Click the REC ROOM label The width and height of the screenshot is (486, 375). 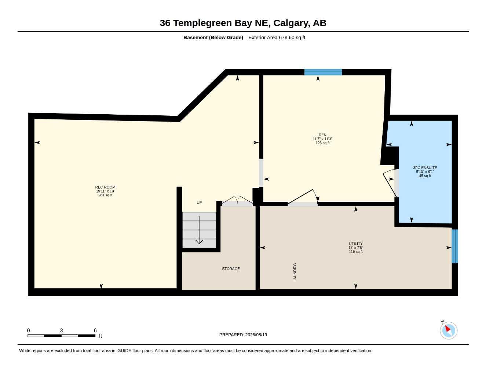(105, 187)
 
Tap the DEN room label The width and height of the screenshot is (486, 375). (322, 135)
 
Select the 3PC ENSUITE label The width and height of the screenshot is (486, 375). (425, 168)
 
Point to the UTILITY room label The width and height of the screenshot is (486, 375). (356, 244)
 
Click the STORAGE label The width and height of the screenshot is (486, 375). (231, 269)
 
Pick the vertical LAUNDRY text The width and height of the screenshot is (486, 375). (295, 272)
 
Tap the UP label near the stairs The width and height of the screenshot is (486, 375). (199, 203)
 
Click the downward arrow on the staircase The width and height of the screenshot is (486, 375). (199, 230)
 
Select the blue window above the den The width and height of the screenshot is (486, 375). (323, 72)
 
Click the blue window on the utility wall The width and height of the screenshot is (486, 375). (454, 246)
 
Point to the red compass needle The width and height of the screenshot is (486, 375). (447, 328)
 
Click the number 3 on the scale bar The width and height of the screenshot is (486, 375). (61, 330)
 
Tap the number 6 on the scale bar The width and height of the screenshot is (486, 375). (95, 330)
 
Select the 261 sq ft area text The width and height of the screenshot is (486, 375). (105, 195)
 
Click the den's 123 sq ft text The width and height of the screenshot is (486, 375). (322, 143)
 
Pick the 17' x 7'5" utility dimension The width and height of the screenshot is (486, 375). (356, 248)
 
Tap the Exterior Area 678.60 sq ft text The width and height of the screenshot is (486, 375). (277, 37)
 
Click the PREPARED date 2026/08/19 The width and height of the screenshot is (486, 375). (256, 335)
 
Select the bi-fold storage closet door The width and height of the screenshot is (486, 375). (237, 201)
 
